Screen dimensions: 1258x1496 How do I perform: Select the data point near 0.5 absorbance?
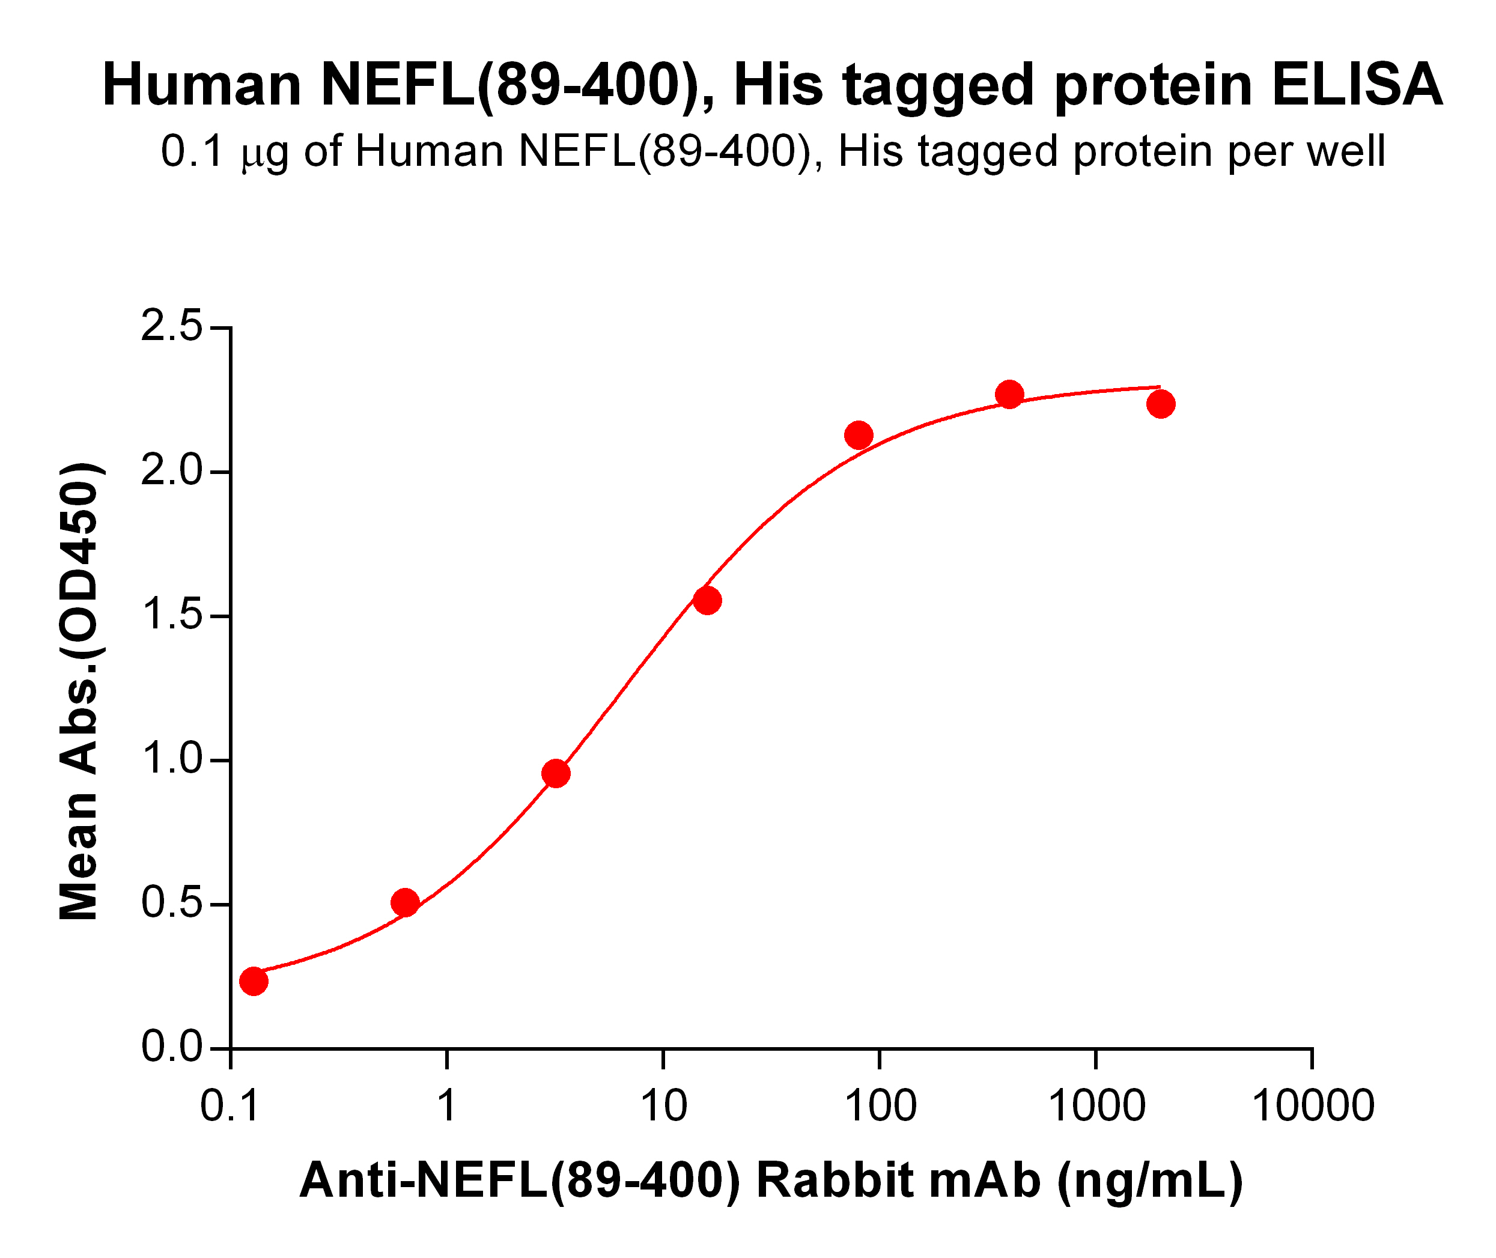coord(405,903)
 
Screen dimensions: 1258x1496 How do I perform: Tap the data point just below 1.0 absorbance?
coord(556,773)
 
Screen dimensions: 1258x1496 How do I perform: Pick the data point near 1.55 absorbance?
coord(707,601)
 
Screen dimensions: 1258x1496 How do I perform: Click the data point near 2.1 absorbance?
coord(859,434)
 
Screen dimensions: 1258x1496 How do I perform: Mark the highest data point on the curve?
coord(1009,394)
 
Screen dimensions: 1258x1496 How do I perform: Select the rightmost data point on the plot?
coord(1161,404)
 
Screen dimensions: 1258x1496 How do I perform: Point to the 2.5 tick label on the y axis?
coord(171,327)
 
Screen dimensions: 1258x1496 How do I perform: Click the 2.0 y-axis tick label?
coord(171,472)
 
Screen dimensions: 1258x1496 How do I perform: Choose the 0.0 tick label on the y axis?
coord(171,1048)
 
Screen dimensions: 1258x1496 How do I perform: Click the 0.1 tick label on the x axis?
coord(230,1106)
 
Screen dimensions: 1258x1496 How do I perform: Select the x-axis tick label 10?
coord(663,1106)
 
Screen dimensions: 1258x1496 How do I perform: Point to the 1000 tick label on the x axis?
coord(1096,1106)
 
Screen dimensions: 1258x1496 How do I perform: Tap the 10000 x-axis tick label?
coord(1313,1106)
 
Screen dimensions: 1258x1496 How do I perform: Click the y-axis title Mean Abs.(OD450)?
coord(79,690)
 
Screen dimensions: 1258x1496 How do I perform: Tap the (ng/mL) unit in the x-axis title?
coord(1149,1181)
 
